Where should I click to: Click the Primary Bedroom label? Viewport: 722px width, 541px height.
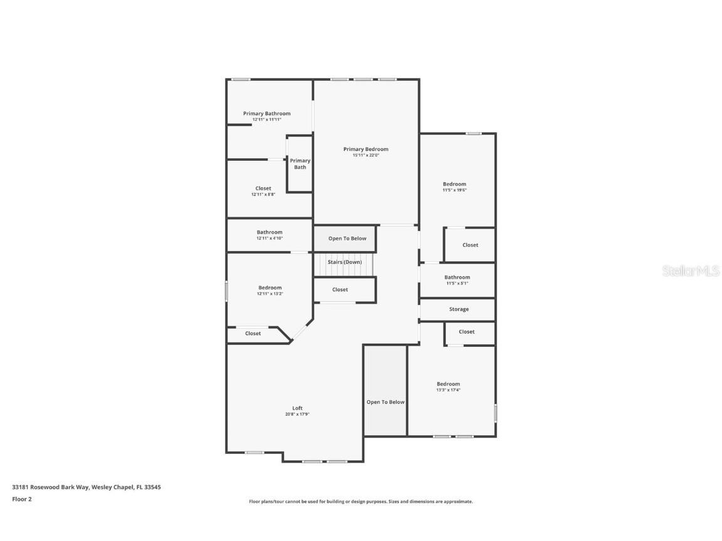click(365, 149)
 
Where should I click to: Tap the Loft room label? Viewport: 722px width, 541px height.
click(297, 408)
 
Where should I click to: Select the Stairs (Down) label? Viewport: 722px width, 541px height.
click(344, 262)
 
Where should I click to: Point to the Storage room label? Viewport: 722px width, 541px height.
click(458, 309)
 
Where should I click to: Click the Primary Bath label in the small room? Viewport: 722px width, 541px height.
click(300, 164)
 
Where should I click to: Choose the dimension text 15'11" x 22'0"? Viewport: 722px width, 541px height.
click(365, 155)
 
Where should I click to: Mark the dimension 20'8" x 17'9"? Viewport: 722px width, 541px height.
click(297, 415)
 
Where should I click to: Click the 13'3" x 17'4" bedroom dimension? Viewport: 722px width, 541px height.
click(448, 390)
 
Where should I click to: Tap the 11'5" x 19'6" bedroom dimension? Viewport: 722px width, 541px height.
click(454, 190)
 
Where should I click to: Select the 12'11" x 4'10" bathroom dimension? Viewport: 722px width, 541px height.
click(269, 239)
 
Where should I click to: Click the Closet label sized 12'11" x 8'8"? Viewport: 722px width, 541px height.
click(263, 188)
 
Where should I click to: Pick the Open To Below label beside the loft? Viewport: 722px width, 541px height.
click(385, 402)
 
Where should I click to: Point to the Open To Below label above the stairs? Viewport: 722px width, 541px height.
click(347, 239)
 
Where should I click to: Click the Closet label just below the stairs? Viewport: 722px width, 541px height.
click(340, 290)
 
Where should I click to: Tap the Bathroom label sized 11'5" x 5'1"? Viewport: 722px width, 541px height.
click(457, 277)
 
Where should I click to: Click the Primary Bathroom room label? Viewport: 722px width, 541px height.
click(266, 114)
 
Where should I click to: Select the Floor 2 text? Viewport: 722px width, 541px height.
click(21, 499)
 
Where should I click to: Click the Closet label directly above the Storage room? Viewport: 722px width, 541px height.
click(470, 245)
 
